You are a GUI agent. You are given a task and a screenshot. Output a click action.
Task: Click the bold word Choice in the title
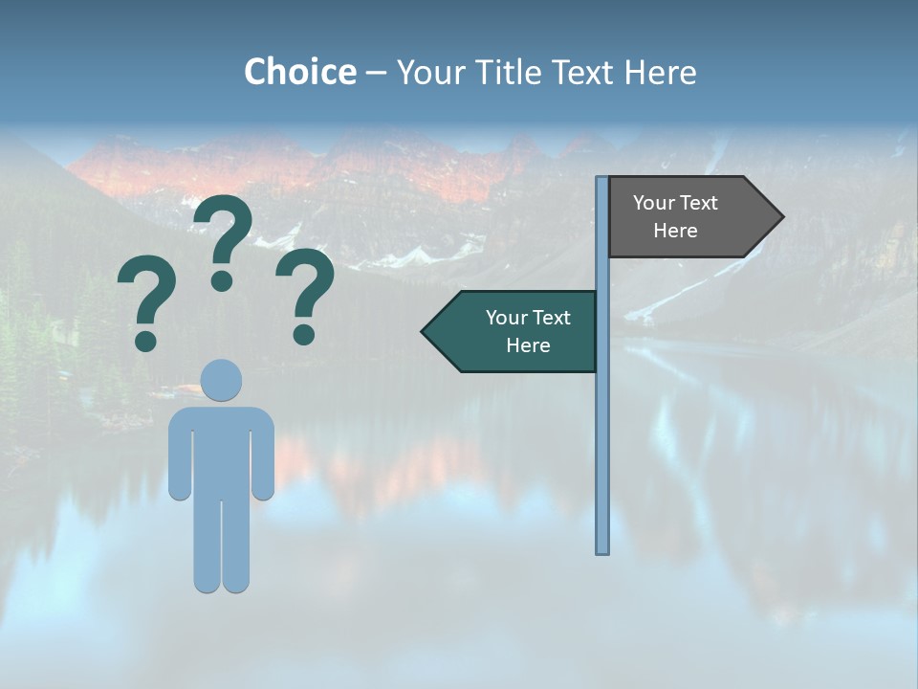299,72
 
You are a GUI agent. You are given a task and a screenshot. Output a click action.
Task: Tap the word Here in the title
660,72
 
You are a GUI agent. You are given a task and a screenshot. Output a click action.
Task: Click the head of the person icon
222,379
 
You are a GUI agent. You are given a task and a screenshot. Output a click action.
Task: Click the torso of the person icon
222,450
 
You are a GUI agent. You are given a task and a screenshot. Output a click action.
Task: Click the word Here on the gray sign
675,231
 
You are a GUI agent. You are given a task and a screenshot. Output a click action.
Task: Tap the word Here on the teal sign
528,345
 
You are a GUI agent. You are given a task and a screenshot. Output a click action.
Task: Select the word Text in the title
583,72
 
